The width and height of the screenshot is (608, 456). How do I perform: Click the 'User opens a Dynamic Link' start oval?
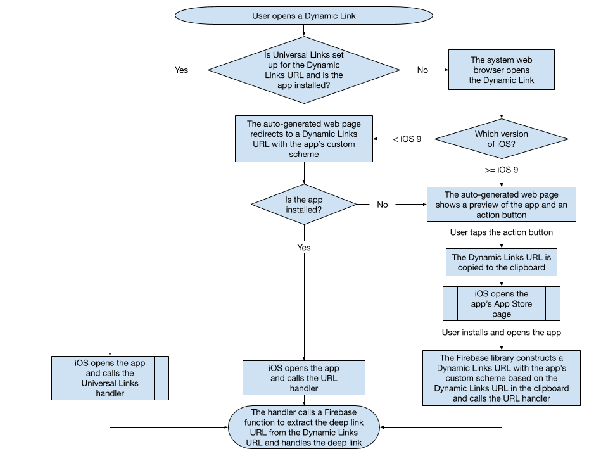tap(304, 16)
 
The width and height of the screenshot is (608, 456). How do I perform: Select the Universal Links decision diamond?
tap(304, 70)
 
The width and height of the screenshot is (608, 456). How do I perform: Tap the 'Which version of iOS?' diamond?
tap(502, 139)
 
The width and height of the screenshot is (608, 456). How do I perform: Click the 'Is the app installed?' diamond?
tap(303, 205)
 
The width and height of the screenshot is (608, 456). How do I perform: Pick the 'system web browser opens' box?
tap(502, 70)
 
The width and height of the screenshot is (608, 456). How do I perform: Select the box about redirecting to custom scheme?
tap(303, 139)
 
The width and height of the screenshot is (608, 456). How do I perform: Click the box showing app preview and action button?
tap(502, 205)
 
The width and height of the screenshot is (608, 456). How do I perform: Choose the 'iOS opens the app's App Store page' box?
tap(502, 304)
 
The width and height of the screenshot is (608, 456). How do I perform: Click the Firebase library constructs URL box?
tap(502, 377)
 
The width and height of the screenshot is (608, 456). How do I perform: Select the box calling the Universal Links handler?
tap(110, 377)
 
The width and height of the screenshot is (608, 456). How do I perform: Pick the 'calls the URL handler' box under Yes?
tap(303, 377)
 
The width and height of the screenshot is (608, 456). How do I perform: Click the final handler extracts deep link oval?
tap(303, 427)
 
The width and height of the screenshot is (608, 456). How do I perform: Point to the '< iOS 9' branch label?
tap(407, 139)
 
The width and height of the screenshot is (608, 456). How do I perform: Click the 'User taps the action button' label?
tap(502, 233)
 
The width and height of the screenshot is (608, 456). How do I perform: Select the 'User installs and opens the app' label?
tap(502, 332)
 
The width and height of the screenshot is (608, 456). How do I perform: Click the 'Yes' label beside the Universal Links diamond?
tap(181, 70)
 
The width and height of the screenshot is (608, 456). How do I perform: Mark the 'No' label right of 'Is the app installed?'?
tap(383, 205)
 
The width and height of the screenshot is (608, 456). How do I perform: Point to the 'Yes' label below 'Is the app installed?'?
tap(304, 248)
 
